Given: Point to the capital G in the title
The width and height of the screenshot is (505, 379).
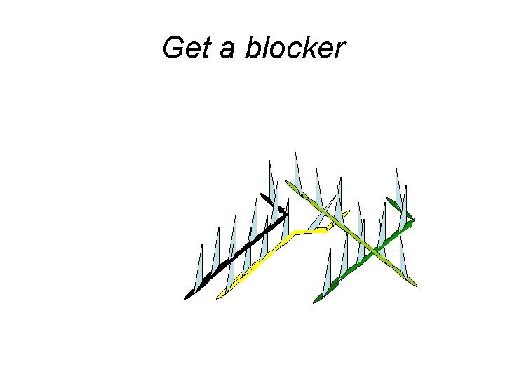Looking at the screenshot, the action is click(173, 48).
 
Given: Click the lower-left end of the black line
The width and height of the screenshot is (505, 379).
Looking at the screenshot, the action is click(189, 295).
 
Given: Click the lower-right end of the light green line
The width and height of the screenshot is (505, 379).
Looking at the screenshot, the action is click(414, 284).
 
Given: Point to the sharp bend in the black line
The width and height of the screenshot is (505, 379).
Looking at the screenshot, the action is click(285, 214).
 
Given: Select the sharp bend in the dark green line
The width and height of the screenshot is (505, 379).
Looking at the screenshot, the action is click(412, 218).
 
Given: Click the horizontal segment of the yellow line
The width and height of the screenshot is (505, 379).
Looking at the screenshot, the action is click(310, 230).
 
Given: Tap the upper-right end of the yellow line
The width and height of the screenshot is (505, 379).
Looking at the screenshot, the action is click(347, 212).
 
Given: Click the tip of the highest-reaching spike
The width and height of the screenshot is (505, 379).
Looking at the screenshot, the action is click(295, 149).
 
